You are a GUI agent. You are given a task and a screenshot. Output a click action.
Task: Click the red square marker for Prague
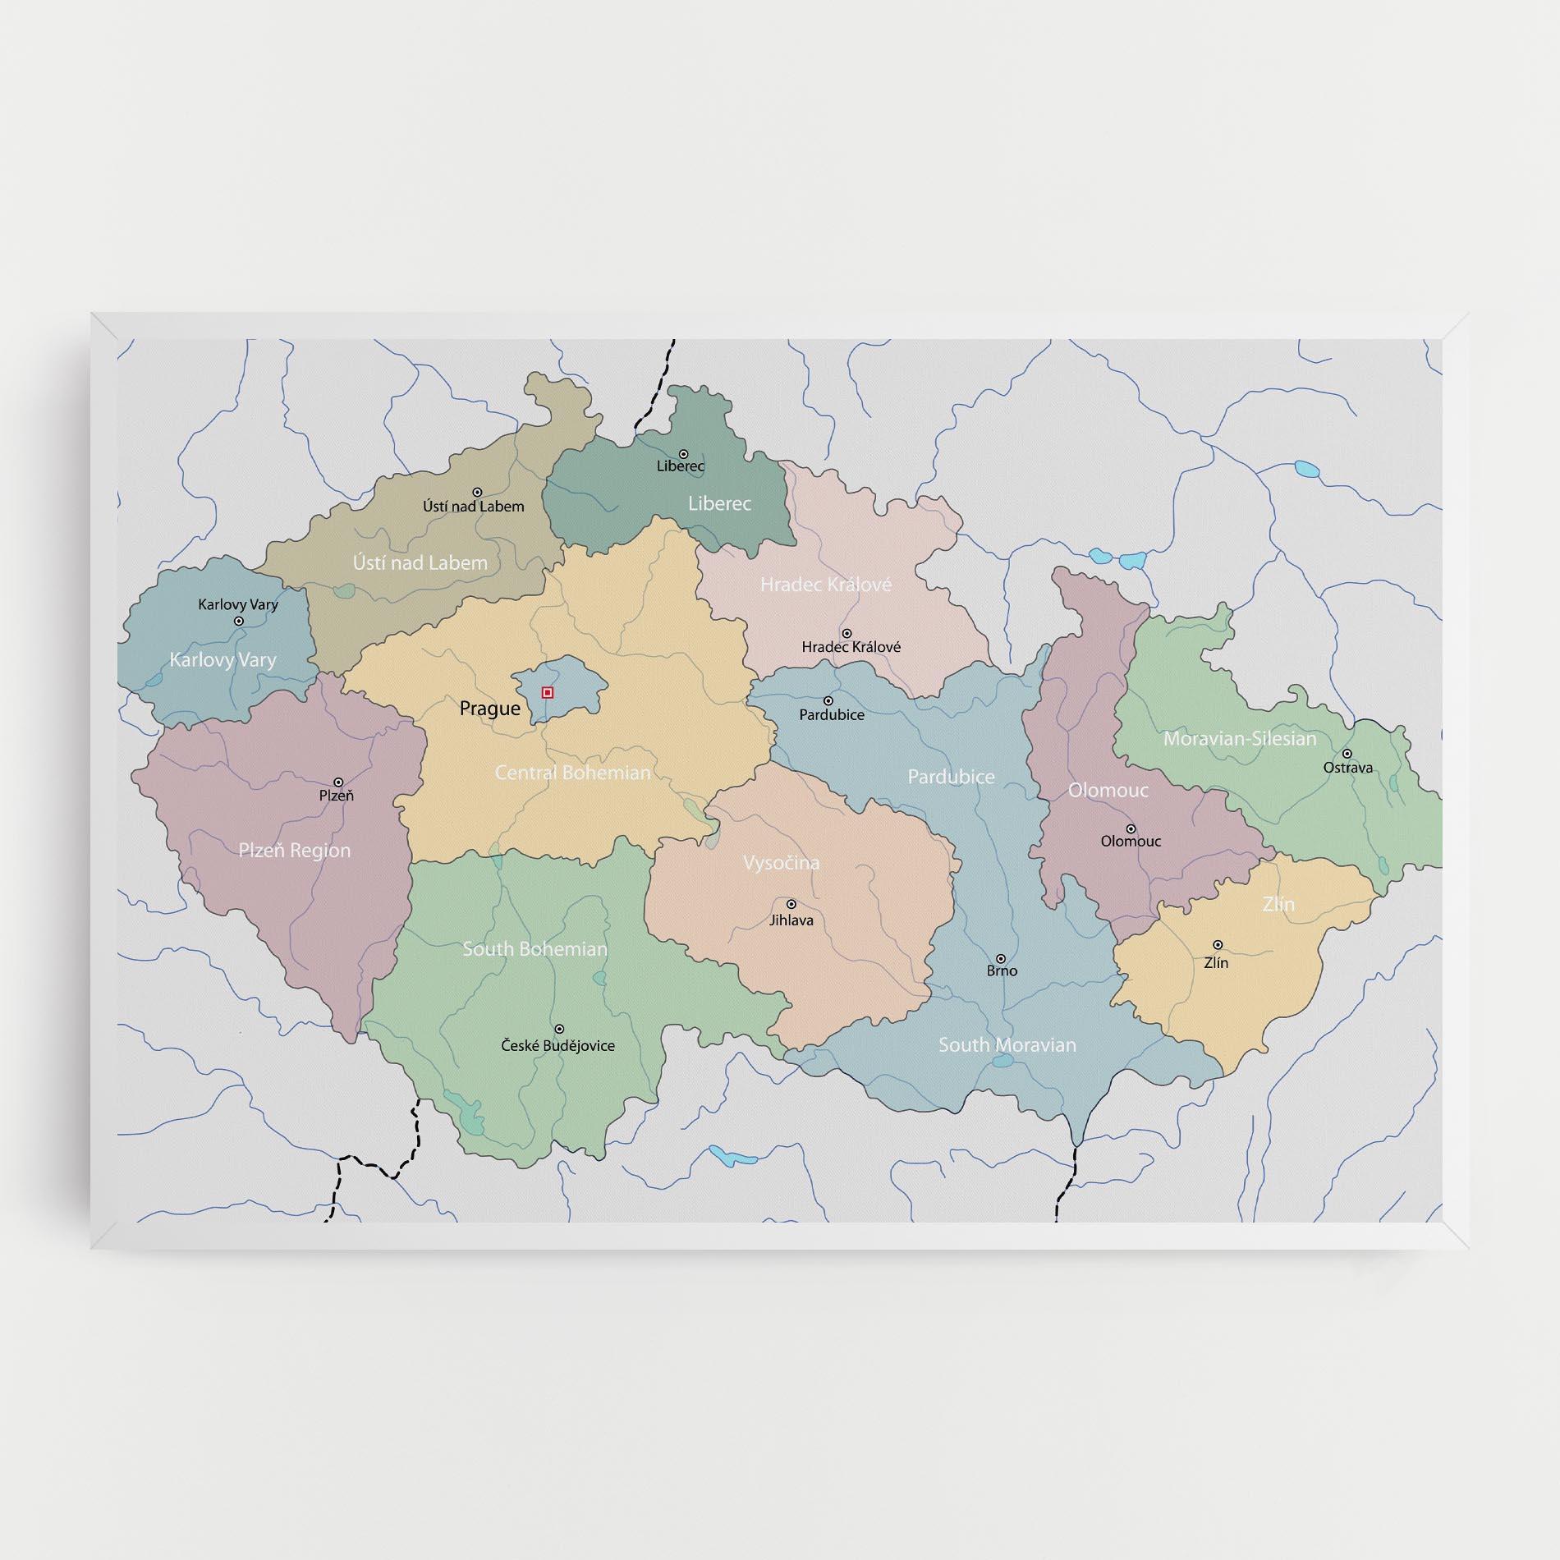pos(548,693)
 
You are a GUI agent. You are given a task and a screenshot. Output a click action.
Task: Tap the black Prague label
pos(490,709)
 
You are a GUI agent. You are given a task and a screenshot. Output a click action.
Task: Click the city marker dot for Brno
pos(1001,958)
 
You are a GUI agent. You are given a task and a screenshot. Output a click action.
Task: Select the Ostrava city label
pos(1347,768)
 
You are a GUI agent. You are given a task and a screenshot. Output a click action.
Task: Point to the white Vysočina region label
pos(781,863)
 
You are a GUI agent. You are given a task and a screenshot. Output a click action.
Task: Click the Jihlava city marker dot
pos(791,904)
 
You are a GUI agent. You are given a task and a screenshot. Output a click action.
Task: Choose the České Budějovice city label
pos(557,1045)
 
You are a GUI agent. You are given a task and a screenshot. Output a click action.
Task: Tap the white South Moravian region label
pos(1007,1044)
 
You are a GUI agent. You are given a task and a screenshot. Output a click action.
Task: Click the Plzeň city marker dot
pos(337,782)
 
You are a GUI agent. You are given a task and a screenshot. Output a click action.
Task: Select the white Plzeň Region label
pos(294,850)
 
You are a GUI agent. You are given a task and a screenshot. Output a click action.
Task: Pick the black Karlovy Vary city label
pos(238,604)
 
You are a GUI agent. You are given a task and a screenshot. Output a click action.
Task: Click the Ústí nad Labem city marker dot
pos(477,493)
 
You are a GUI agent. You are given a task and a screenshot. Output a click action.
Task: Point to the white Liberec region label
pos(719,503)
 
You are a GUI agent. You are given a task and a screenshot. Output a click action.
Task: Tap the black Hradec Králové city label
pos(851,647)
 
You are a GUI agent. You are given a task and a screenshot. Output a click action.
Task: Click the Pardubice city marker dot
pos(828,701)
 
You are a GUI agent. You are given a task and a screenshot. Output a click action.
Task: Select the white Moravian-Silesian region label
pos(1239,738)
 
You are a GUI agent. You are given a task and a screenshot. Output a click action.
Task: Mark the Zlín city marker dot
pos(1218,945)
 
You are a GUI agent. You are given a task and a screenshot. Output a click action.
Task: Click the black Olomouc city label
pos(1131,841)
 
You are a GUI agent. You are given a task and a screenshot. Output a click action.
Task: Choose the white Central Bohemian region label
pos(572,773)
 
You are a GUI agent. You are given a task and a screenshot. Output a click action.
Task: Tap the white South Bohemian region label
pos(535,948)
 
